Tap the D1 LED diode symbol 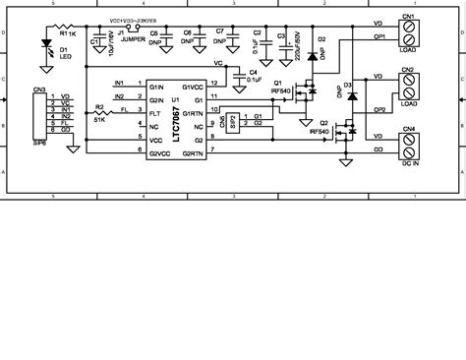47,44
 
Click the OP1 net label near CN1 379,38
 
